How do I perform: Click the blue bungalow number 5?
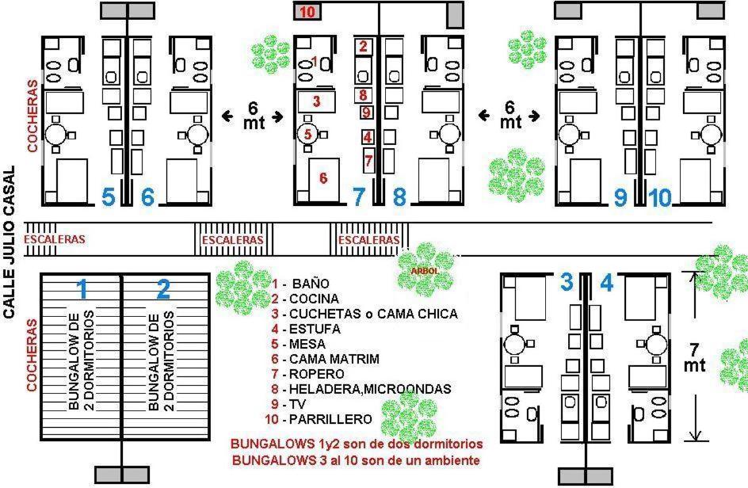click(x=109, y=196)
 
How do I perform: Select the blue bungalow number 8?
click(x=400, y=196)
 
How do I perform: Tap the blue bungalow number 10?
click(x=660, y=197)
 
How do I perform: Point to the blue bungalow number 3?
click(x=567, y=281)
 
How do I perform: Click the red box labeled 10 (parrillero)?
click(x=307, y=11)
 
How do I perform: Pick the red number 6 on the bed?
click(x=323, y=178)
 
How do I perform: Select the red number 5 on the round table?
click(x=307, y=134)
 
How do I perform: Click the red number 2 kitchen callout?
click(x=364, y=46)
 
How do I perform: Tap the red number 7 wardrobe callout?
click(x=368, y=160)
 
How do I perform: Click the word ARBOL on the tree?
click(x=424, y=271)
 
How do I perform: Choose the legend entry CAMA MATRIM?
click(x=334, y=359)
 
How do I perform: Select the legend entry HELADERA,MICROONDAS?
click(x=370, y=389)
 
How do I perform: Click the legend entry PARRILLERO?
click(x=330, y=419)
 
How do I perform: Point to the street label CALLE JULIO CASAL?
click(x=10, y=242)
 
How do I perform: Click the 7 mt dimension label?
click(x=694, y=358)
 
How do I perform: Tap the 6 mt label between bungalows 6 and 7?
click(x=254, y=115)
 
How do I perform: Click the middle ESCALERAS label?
click(x=233, y=239)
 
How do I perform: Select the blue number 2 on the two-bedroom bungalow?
click(x=163, y=289)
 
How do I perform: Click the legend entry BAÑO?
click(x=311, y=284)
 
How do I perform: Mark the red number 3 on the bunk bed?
click(x=316, y=101)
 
